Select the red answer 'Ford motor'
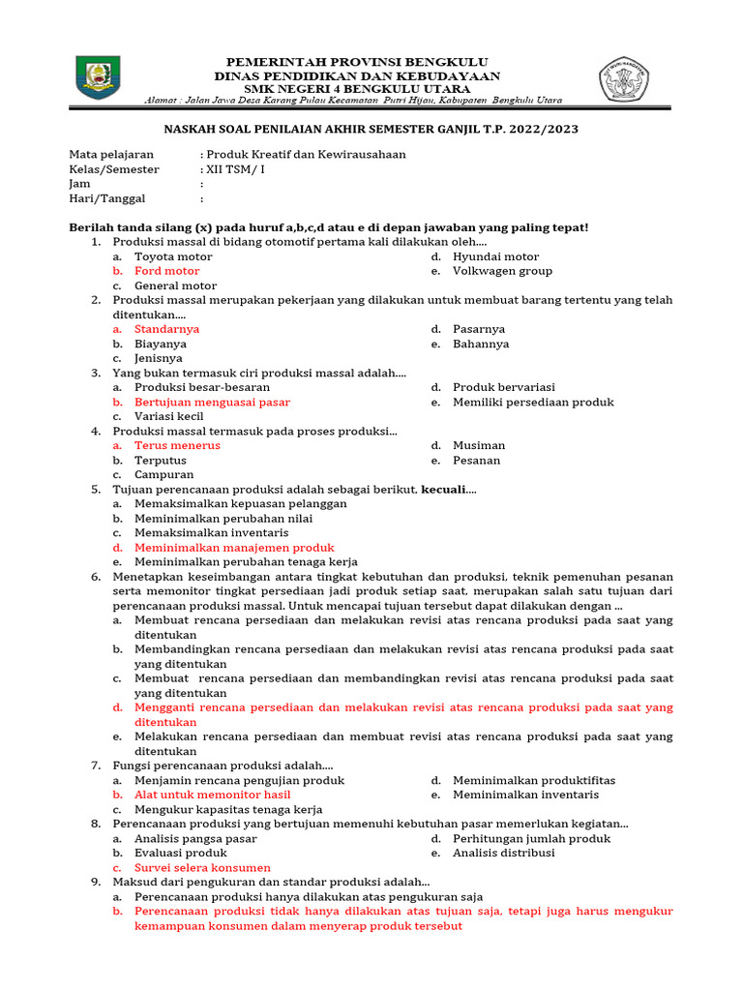pyautogui.click(x=167, y=271)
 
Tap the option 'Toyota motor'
pyautogui.click(x=173, y=256)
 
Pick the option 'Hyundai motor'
pyautogui.click(x=496, y=256)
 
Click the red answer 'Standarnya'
pyautogui.click(x=167, y=329)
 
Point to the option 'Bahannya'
pyautogui.click(x=481, y=344)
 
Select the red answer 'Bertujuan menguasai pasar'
pyautogui.click(x=212, y=402)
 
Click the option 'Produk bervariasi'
pyautogui.click(x=504, y=387)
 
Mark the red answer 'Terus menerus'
pyautogui.click(x=177, y=445)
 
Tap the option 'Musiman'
pyautogui.click(x=479, y=445)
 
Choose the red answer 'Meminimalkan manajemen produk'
pyautogui.click(x=234, y=547)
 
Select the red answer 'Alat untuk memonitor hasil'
pyautogui.click(x=212, y=795)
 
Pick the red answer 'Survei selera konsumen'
pyautogui.click(x=202, y=867)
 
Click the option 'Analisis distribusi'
pyautogui.click(x=504, y=853)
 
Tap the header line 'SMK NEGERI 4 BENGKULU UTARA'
pyautogui.click(x=357, y=89)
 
